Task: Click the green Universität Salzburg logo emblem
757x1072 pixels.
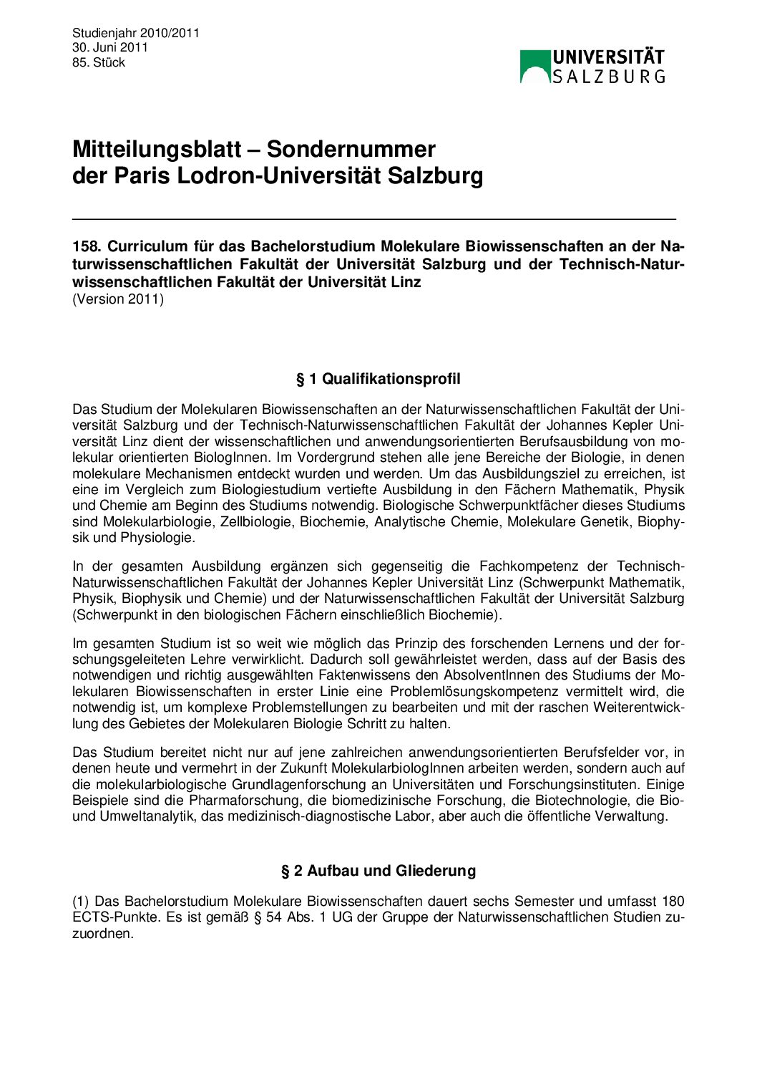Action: click(x=535, y=66)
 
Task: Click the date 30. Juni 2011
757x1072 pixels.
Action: click(x=109, y=47)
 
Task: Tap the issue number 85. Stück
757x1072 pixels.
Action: click(x=99, y=62)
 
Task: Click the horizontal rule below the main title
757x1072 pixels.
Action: click(x=373, y=218)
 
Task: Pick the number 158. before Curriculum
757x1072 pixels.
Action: click(x=87, y=246)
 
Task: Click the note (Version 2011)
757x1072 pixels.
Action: click(x=118, y=299)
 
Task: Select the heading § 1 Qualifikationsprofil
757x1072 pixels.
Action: click(x=378, y=379)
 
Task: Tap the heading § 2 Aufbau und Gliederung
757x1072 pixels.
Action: click(x=378, y=871)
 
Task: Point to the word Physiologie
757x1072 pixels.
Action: click(x=157, y=537)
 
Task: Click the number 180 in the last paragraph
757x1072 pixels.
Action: click(x=673, y=901)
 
